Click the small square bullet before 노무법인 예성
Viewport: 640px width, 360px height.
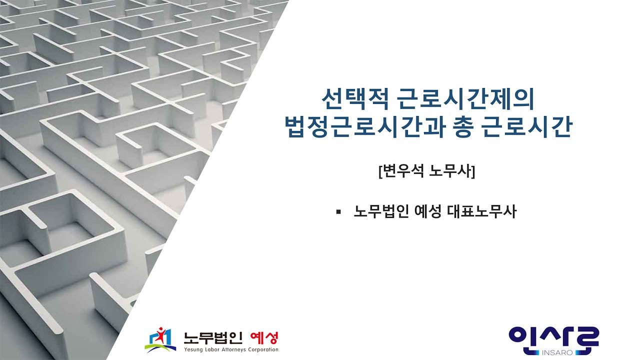tap(338, 211)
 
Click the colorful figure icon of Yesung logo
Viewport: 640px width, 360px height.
tap(161, 339)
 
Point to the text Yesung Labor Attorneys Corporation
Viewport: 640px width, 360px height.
tap(230, 349)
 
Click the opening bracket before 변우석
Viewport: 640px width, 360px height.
tap(380, 171)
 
